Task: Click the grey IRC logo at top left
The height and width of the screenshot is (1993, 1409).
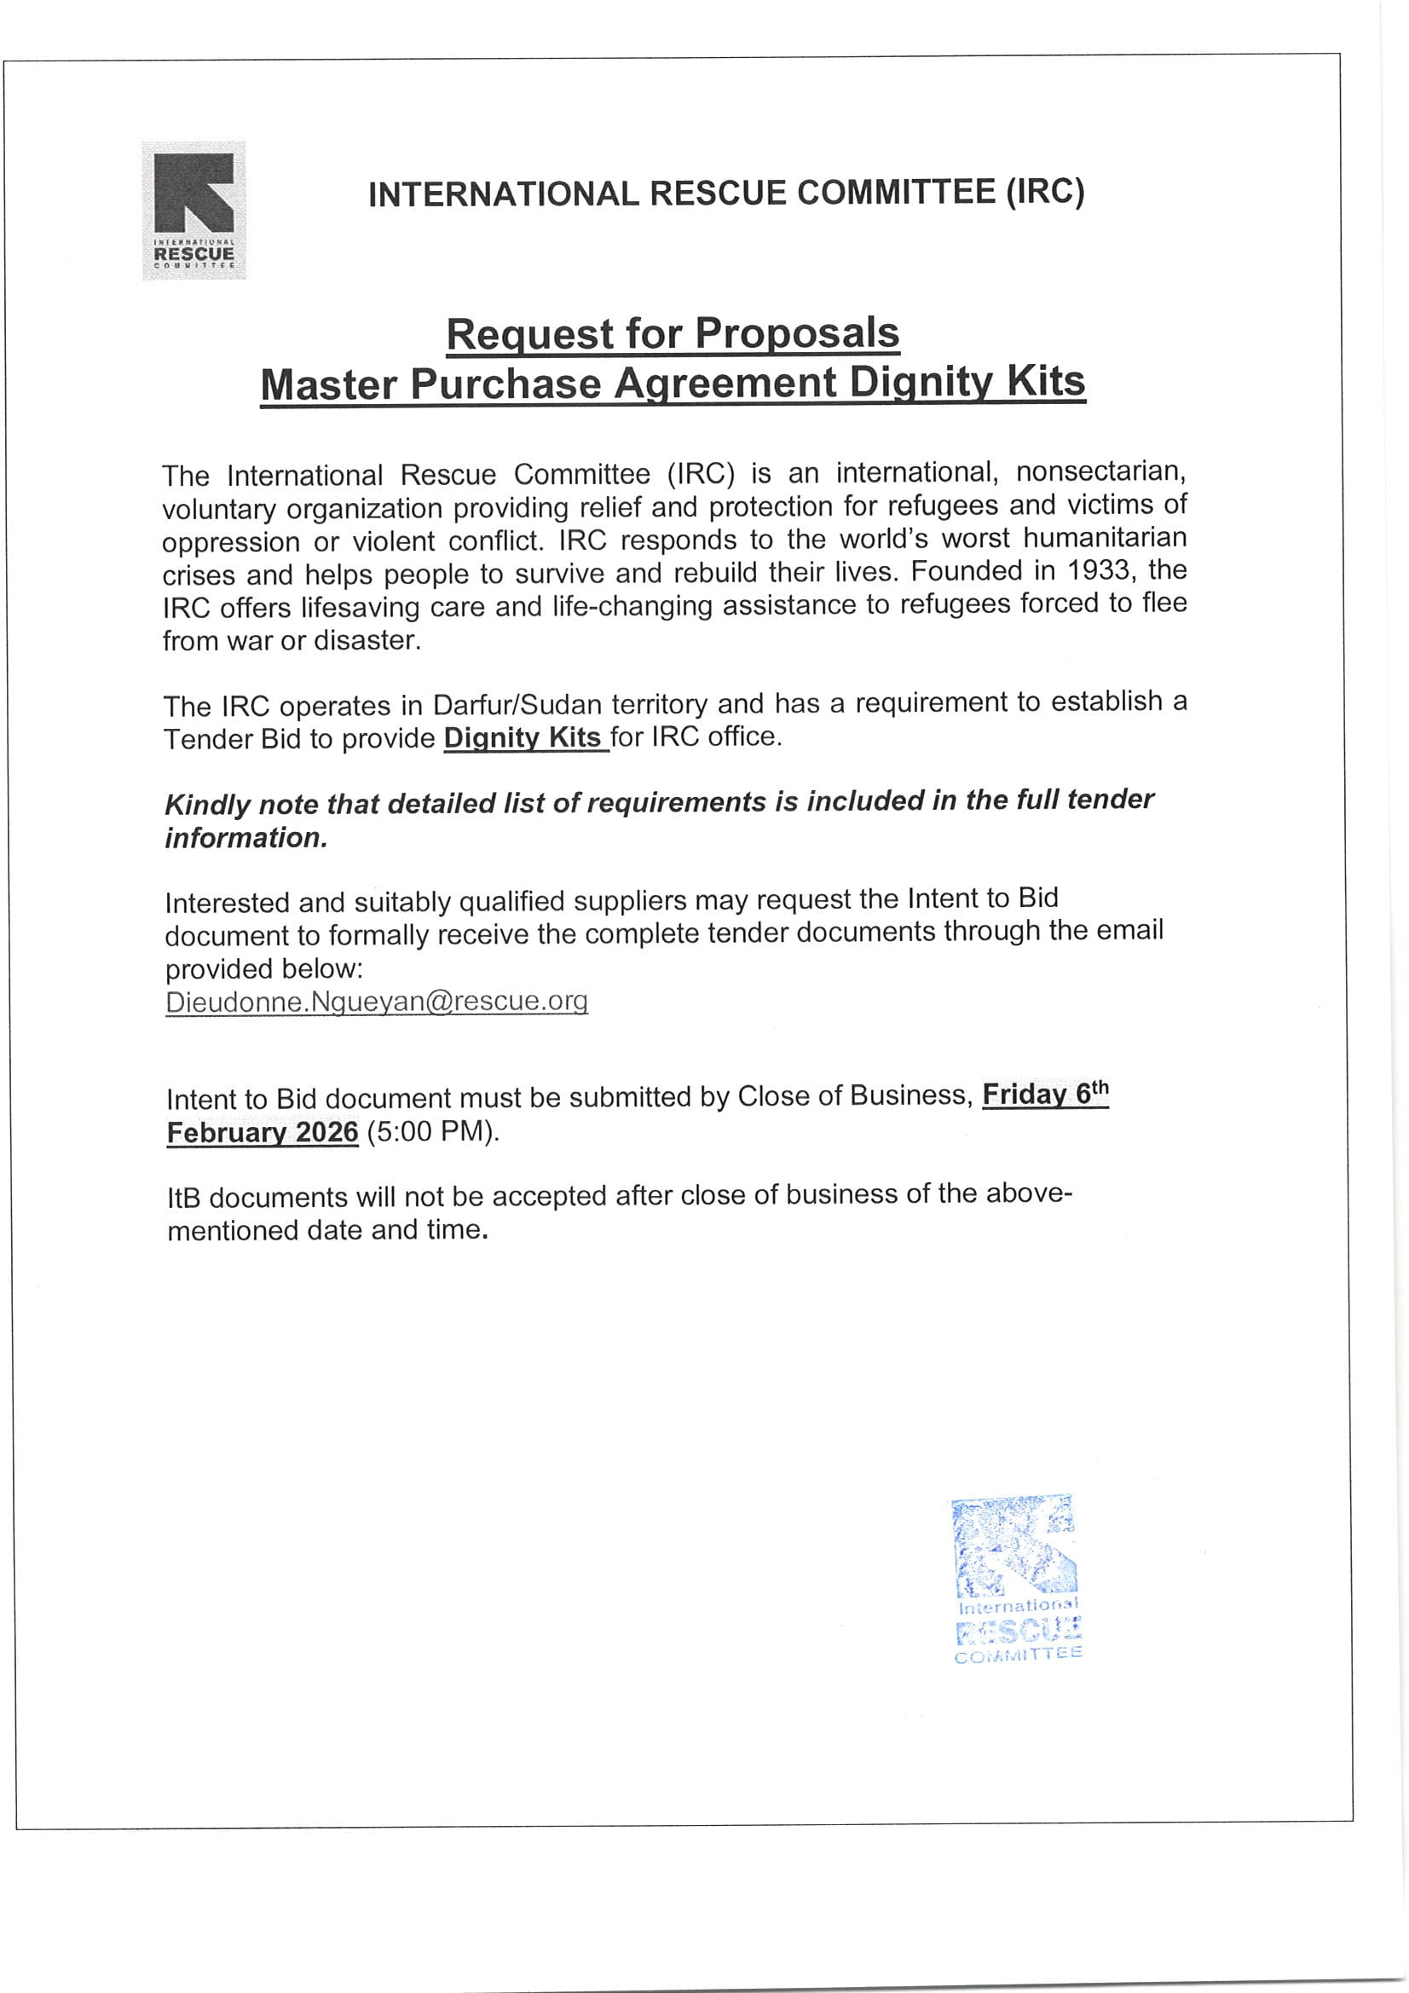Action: (x=193, y=210)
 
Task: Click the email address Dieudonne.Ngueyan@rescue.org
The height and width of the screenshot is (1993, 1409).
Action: (x=377, y=1002)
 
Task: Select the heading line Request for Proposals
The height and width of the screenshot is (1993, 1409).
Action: (x=673, y=334)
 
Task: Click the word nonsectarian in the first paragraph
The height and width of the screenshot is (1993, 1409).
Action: (x=1100, y=471)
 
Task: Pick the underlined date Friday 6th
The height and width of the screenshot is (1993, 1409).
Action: (x=1045, y=1095)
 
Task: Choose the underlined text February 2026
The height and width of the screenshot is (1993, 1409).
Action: (x=263, y=1133)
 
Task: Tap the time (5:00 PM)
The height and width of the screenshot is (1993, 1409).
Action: (x=432, y=1132)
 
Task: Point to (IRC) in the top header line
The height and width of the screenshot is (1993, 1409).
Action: (x=1044, y=192)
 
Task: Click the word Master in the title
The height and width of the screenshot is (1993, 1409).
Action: (x=328, y=384)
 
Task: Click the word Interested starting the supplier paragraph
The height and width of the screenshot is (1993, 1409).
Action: (x=228, y=903)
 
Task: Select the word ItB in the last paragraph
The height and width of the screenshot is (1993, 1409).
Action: (x=184, y=1199)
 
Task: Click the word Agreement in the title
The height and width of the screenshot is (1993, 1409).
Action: (x=725, y=383)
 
